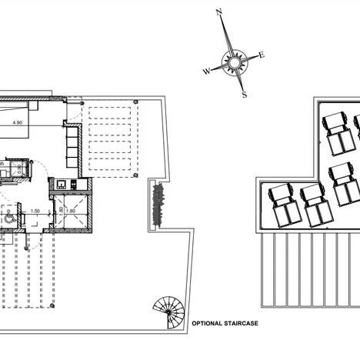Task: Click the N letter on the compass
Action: tap(219, 12)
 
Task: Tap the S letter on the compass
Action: tap(244, 95)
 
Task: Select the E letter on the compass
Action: tap(262, 55)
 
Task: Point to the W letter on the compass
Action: tap(206, 72)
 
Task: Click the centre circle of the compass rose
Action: tap(233, 60)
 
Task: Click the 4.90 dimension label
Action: tap(17, 122)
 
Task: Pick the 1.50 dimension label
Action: tap(35, 210)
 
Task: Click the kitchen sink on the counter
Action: tap(61, 184)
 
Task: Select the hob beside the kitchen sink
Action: tap(74, 184)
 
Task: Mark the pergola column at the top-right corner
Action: tap(135, 102)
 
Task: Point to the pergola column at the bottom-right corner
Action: tap(135, 176)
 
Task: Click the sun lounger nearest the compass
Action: tap(335, 130)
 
